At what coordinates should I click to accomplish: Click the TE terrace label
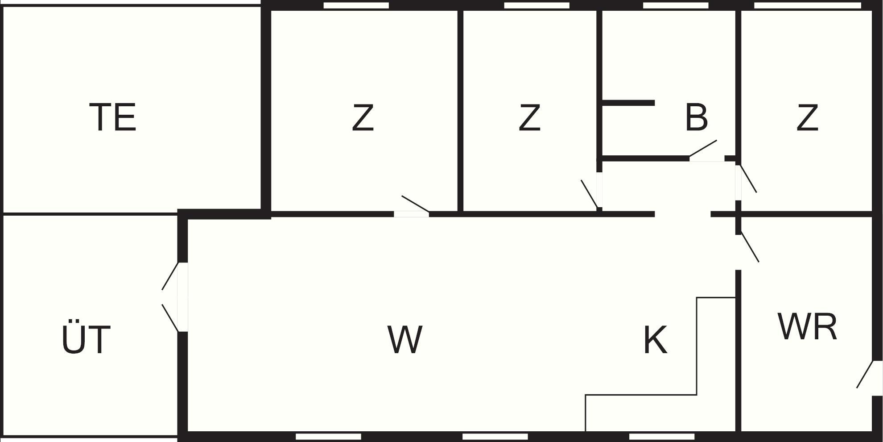click(x=113, y=117)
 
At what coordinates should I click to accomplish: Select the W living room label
click(x=405, y=340)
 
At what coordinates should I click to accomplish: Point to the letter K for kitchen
click(x=656, y=340)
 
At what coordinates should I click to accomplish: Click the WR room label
click(x=808, y=327)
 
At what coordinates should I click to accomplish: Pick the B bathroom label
click(x=696, y=117)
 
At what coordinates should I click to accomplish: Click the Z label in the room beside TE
click(x=363, y=117)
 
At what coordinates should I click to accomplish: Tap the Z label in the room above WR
click(x=807, y=117)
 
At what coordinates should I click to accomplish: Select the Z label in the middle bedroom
click(x=529, y=117)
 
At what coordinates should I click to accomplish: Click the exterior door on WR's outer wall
click(x=870, y=378)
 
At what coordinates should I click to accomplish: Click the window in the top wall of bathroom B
click(x=676, y=5)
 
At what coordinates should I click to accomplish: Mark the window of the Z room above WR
click(x=807, y=5)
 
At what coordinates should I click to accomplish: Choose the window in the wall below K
click(x=662, y=436)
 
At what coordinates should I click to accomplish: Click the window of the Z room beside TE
click(x=356, y=5)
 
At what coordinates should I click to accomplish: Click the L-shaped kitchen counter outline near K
click(x=660, y=364)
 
